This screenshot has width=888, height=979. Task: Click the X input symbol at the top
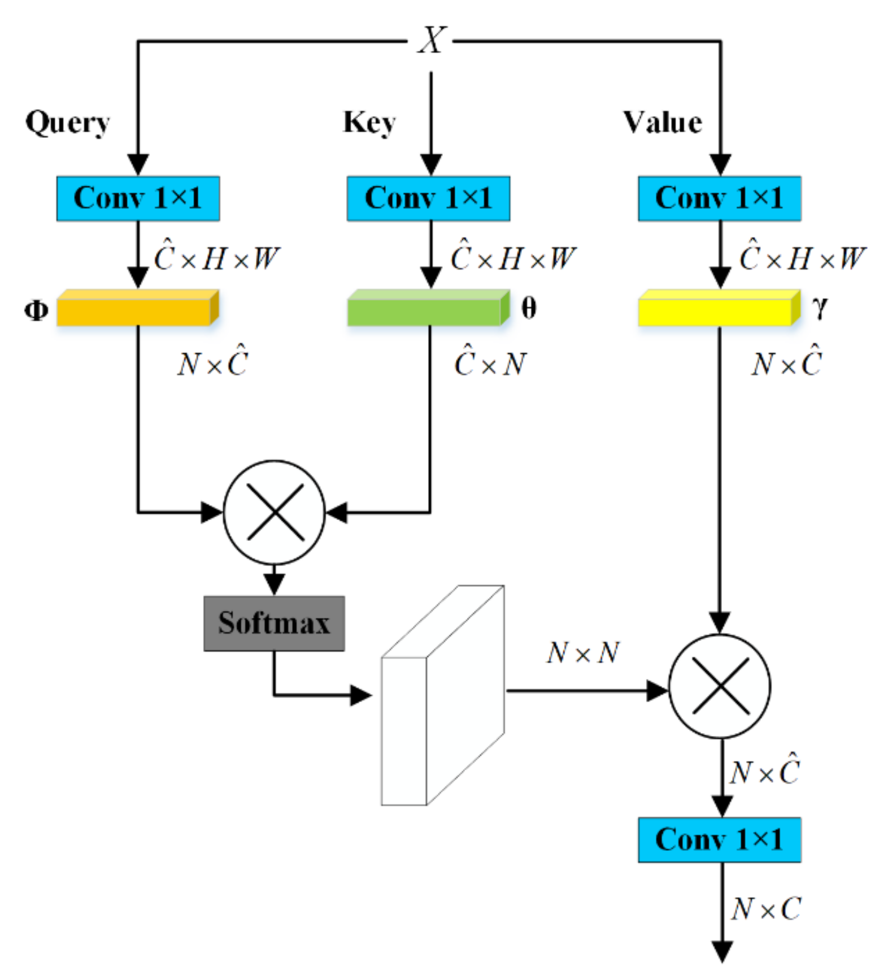[432, 40]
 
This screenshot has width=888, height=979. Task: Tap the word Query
[67, 123]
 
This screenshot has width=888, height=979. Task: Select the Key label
[369, 123]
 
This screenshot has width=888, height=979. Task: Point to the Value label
[663, 123]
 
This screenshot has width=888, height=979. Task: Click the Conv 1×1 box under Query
[138, 198]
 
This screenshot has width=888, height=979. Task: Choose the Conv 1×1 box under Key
[428, 198]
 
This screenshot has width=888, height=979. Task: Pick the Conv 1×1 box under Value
[719, 198]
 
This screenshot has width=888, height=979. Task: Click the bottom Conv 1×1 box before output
[719, 839]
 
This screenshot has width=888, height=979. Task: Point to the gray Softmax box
[274, 623]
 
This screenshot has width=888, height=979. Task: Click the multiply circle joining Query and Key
[275, 512]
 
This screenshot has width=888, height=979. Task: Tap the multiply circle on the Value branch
[720, 686]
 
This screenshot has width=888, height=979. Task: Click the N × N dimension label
[583, 653]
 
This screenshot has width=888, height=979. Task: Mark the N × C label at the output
[766, 909]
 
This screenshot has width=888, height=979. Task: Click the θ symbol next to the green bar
[529, 309]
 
